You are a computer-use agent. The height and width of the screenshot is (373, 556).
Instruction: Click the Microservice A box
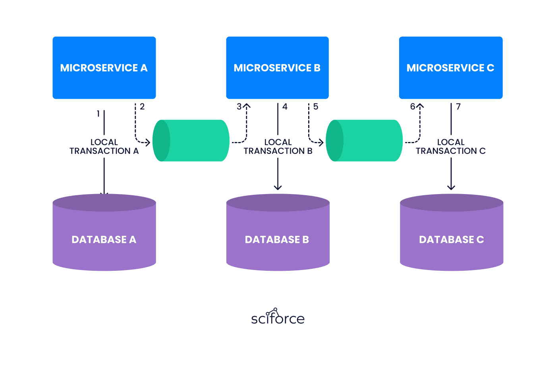(x=104, y=68)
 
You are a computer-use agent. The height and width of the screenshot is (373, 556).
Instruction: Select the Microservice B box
(x=278, y=68)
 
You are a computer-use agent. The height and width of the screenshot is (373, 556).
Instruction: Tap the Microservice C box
(x=451, y=68)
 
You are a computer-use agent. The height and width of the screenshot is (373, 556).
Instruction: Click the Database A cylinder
(x=104, y=232)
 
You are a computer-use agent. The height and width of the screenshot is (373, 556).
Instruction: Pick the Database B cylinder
(x=278, y=232)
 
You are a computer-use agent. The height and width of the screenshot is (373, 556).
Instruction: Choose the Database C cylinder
(x=452, y=232)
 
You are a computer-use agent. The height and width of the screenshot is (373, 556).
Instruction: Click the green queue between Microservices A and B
(x=191, y=141)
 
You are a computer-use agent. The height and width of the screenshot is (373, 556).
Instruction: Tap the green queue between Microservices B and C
(x=364, y=141)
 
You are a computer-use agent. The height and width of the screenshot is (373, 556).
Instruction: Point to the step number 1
(x=98, y=114)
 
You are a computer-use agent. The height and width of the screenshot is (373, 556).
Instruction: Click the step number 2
(x=142, y=107)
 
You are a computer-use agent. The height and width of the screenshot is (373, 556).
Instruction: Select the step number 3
(x=239, y=107)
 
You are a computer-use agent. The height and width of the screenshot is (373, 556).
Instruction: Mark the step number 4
(x=285, y=107)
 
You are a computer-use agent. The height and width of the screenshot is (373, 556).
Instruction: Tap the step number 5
(x=316, y=107)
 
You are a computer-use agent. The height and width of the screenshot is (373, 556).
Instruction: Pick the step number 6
(x=413, y=107)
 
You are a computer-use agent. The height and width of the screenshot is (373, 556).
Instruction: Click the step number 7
(x=458, y=107)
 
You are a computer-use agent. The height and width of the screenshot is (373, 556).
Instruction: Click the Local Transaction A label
(x=104, y=147)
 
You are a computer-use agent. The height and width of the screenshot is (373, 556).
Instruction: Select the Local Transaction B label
(x=278, y=147)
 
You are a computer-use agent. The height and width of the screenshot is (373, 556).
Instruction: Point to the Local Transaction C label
(x=451, y=147)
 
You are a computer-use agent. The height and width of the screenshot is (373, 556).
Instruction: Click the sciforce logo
(x=278, y=317)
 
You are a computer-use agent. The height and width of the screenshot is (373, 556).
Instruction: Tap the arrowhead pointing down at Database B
(x=278, y=188)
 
